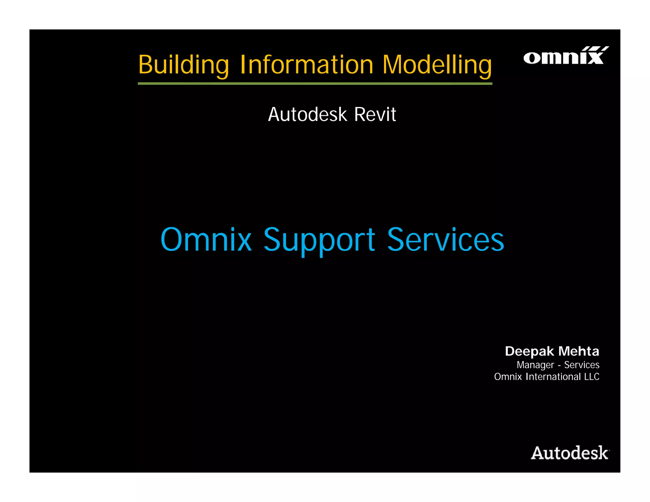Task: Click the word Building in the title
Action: pos(183,65)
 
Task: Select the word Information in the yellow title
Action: pos(307,65)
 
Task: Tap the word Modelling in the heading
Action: pos(437,65)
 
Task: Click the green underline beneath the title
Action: pos(315,84)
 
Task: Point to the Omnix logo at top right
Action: pos(566,56)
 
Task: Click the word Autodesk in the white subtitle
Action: pos(307,115)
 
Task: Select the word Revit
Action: pos(375,115)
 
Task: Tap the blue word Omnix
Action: pos(206,240)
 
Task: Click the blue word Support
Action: pos(319,240)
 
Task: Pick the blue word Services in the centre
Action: pos(445,240)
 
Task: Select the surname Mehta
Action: pos(579,351)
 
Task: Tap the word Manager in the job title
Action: pos(535,365)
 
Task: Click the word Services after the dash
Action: pos(581,365)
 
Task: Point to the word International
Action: pos(553,377)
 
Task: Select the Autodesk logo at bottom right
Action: pos(569,453)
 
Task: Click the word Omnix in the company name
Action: pos(508,377)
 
